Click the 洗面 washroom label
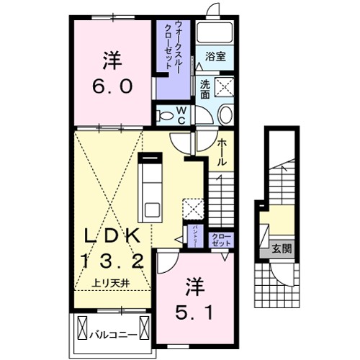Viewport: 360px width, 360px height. pos(204,88)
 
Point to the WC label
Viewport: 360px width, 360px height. pos(182,115)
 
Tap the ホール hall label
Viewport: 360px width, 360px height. pos(222,152)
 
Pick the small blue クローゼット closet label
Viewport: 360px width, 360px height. pos(220,240)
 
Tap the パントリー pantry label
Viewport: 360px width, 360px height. pos(197,235)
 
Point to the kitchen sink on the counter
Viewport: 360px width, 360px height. pos(153,209)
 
